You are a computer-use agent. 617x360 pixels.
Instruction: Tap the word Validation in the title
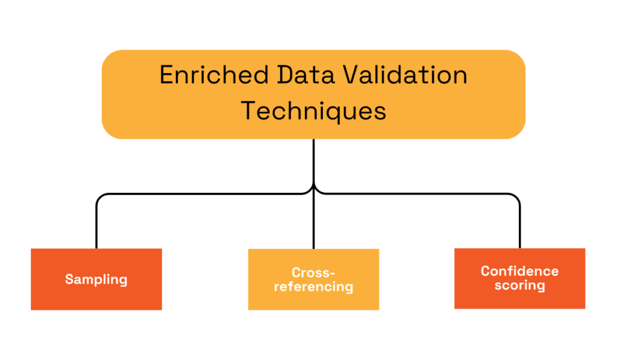tap(403, 76)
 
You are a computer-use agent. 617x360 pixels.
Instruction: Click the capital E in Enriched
tap(167, 76)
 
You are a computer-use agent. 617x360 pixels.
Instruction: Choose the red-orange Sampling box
tap(96, 295)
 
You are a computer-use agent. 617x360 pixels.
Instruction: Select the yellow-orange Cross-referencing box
tap(313, 299)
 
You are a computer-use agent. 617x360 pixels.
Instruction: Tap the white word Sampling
tap(96, 280)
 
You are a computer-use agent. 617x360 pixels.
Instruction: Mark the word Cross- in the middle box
tap(313, 273)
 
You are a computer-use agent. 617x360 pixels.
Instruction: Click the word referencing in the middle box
tap(313, 287)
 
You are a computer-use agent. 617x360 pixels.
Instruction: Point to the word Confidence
tap(519, 271)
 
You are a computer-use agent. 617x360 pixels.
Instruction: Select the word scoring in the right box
tap(519, 286)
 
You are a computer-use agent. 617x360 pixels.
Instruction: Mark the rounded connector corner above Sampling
tap(100, 197)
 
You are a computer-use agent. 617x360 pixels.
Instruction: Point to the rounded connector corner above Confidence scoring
tap(516, 197)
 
